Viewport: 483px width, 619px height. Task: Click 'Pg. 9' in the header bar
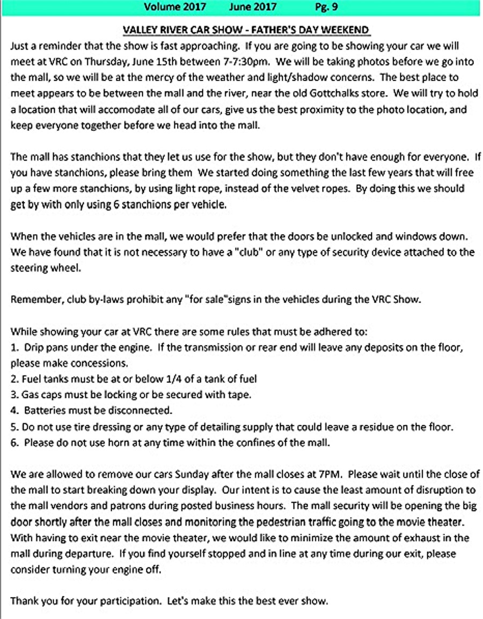coord(326,7)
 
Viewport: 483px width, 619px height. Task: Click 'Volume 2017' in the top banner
coord(171,7)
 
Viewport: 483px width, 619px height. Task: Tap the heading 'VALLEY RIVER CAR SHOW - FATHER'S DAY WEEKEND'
coord(246,30)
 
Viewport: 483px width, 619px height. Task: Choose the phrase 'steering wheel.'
coord(46,268)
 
